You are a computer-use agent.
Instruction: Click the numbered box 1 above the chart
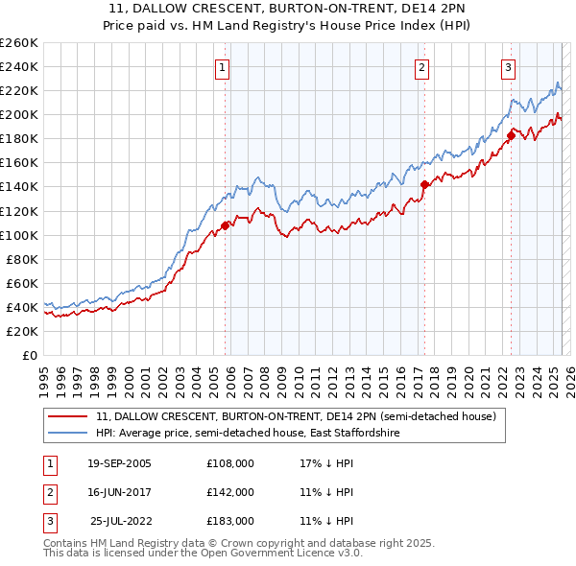(x=222, y=67)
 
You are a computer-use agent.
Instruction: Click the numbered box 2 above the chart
(x=422, y=67)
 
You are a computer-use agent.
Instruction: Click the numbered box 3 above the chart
(x=508, y=67)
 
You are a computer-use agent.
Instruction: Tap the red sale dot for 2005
(x=226, y=225)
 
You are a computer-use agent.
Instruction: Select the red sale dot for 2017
(x=424, y=184)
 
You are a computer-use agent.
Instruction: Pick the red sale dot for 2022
(x=511, y=135)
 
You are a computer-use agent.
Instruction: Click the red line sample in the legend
(x=68, y=417)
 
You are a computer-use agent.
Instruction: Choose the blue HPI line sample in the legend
(x=68, y=434)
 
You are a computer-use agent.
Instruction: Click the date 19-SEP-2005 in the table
(x=119, y=462)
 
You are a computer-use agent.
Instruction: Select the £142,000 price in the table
(x=230, y=492)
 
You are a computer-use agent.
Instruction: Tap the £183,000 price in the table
(x=230, y=521)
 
